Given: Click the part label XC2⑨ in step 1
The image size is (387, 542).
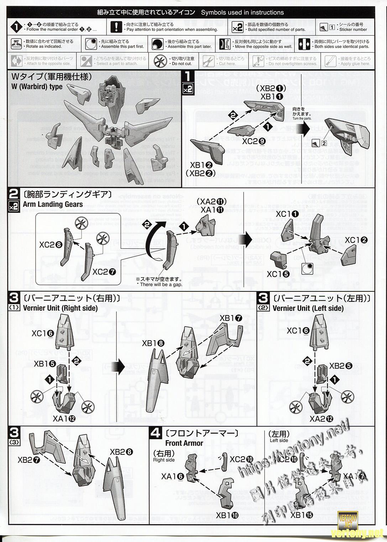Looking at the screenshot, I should click(254, 141).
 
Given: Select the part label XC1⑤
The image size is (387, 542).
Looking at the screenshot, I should click(278, 274).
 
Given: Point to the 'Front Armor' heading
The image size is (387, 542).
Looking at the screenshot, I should click(184, 443).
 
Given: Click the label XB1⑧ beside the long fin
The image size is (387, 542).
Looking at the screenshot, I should click(153, 343).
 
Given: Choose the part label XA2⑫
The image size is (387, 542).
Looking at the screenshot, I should click(321, 419).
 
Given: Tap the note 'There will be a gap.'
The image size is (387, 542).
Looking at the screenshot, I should click(159, 284).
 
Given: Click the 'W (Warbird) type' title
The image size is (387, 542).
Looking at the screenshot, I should click(37, 87).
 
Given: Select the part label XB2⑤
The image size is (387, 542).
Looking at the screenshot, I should click(341, 366).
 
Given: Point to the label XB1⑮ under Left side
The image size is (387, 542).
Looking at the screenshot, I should click(302, 515).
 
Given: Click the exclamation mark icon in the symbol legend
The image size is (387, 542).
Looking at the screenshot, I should click(116, 27).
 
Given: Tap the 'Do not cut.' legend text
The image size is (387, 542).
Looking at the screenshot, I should click(182, 64).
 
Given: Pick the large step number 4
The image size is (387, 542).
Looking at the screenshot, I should click(156, 433).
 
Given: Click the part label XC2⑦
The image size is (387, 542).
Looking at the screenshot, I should click(104, 272).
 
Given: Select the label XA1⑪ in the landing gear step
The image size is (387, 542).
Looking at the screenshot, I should click(212, 210).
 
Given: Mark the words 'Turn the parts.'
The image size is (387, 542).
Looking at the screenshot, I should click(302, 118).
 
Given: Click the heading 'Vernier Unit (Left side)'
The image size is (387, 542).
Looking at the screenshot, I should click(308, 308).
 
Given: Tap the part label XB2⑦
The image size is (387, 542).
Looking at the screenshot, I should click(29, 460).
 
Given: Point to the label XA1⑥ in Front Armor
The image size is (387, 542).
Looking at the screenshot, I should click(173, 477).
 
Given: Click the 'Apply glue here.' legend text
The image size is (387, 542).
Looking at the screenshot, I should click(355, 64).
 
